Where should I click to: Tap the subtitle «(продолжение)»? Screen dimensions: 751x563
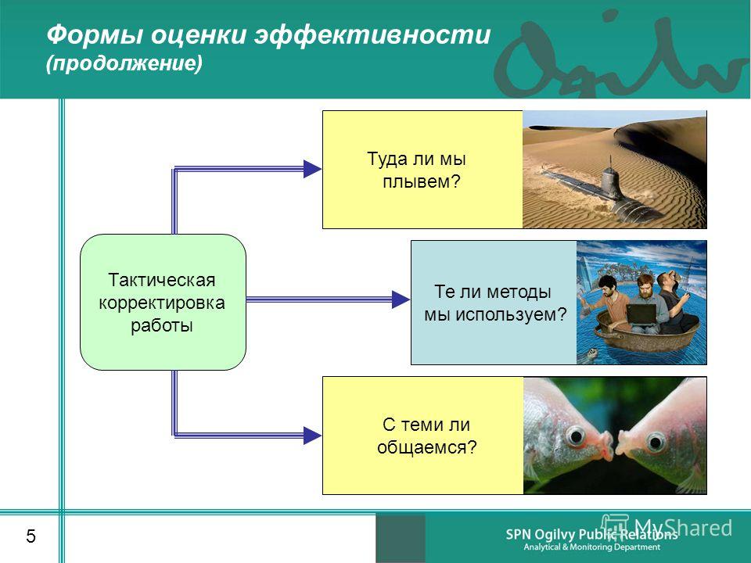click(124, 63)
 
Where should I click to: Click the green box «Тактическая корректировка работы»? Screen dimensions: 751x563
click(163, 302)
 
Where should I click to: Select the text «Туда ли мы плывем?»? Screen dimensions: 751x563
click(417, 170)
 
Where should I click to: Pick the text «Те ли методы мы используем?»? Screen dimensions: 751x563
click(495, 303)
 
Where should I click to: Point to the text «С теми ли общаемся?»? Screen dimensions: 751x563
click(427, 436)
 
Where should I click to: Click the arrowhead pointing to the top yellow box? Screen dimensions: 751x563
click(312, 169)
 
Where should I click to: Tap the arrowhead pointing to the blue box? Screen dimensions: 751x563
click(401, 299)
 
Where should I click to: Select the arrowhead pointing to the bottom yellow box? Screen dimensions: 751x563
click(312, 436)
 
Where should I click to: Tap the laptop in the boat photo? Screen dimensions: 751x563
click(641, 315)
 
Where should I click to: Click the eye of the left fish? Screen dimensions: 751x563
click(575, 436)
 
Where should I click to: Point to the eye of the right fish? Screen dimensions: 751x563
click(656, 440)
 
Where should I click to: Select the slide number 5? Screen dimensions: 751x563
click(31, 536)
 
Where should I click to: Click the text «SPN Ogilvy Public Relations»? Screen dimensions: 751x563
click(591, 534)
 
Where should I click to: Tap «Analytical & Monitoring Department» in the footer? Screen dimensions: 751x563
click(592, 547)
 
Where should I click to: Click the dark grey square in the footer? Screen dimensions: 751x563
click(401, 539)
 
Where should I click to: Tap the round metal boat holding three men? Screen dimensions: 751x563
click(648, 335)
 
